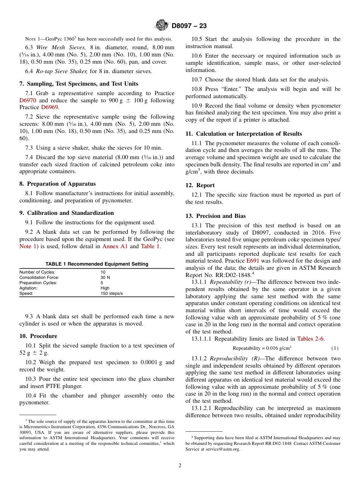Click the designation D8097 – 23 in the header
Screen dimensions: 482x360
(x=189, y=26)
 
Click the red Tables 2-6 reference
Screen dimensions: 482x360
(x=310, y=339)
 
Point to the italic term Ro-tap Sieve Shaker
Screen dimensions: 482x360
(x=62, y=71)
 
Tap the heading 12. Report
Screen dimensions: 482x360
(x=200, y=185)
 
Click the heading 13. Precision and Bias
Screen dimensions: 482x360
(x=216, y=216)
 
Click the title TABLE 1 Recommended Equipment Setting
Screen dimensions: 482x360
(x=97, y=264)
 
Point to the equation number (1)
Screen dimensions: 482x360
(x=335, y=348)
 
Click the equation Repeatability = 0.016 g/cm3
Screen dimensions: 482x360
(x=261, y=348)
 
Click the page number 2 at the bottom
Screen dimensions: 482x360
(x=180, y=466)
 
